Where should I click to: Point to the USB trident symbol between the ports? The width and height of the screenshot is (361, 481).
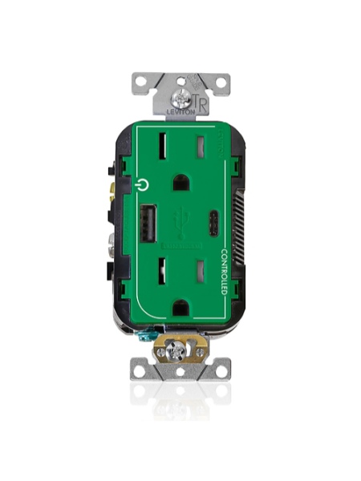(x=181, y=217)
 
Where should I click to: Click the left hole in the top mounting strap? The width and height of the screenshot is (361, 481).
(x=141, y=81)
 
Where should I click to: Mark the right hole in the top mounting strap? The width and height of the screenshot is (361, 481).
(x=221, y=81)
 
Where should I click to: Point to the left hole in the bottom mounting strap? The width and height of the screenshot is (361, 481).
(x=141, y=370)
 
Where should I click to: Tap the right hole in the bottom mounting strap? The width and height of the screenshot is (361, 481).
(x=220, y=370)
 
